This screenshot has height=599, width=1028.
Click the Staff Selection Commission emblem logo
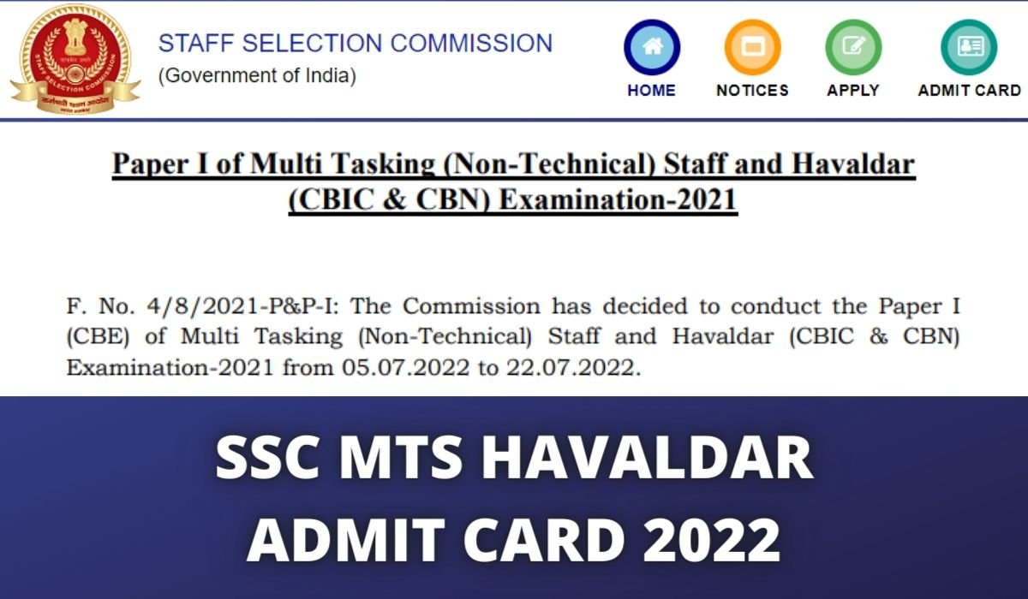point(75,58)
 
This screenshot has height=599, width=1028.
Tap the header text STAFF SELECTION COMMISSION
point(356,43)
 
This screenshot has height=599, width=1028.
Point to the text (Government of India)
point(257,75)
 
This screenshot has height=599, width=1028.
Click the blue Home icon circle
point(652,48)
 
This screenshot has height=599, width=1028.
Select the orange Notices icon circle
point(752,48)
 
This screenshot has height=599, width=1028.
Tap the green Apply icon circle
point(853,48)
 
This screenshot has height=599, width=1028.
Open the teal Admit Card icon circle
point(969,48)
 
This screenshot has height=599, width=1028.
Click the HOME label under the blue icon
point(651,90)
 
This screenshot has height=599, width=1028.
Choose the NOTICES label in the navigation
point(752,90)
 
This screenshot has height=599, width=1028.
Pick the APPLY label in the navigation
point(853,90)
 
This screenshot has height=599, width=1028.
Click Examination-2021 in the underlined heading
point(617,199)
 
